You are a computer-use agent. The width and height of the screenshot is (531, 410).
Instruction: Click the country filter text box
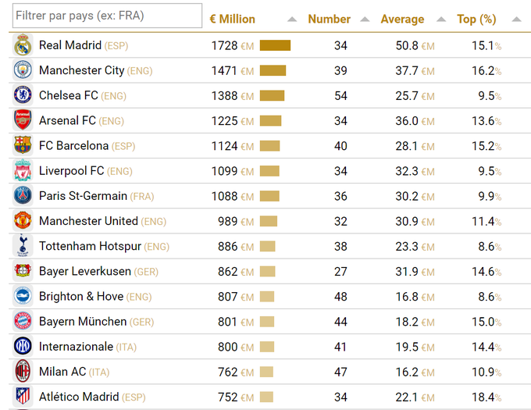pos(107,16)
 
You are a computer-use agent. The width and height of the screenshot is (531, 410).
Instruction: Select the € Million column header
pos(233,20)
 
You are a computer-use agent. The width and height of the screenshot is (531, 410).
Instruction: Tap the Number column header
pos(329,20)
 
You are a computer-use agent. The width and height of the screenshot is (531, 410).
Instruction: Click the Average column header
pos(402,20)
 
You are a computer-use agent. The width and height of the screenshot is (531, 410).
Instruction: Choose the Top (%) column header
pos(476,20)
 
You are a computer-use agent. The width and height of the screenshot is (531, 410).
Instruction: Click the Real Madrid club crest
pos(23,45)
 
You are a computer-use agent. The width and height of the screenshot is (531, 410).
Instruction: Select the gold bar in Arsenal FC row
pos(270,121)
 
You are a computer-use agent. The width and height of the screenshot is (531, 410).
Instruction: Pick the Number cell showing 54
pos(340,96)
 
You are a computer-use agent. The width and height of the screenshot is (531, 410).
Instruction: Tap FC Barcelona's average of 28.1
pos(407,146)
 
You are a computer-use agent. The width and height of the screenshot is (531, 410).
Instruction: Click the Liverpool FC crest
pos(23,171)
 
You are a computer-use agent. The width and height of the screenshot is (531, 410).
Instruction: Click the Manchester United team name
pos(88,221)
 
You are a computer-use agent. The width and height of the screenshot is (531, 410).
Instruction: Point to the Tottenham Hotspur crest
pos(23,246)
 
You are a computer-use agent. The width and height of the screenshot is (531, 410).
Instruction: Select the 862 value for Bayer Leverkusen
pos(228,272)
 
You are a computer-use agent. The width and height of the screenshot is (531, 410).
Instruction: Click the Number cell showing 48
pos(340,297)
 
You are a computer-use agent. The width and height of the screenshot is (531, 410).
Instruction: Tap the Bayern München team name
pos(83,322)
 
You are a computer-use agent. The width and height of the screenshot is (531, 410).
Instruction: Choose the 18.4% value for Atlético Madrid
pos(486,397)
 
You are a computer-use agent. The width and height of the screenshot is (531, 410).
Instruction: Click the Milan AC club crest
pos(23,372)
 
